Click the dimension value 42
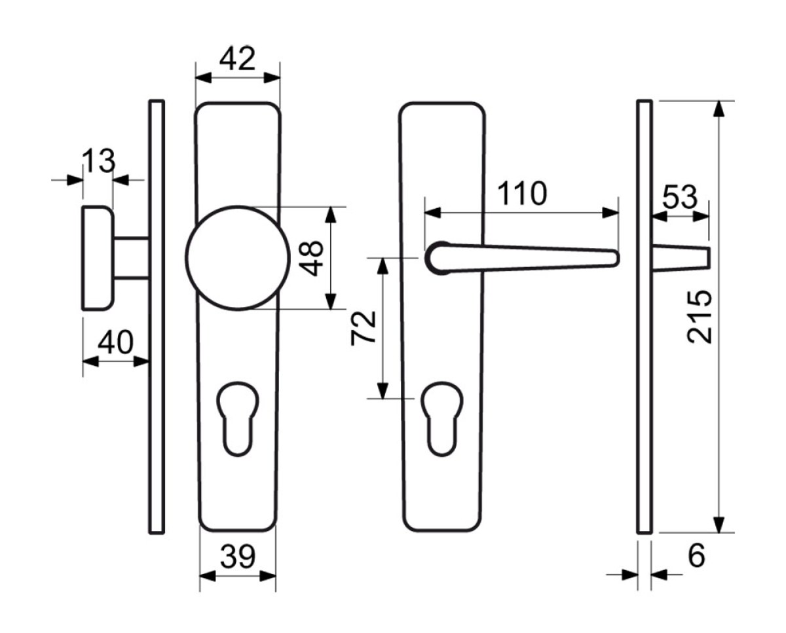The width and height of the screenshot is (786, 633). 237,59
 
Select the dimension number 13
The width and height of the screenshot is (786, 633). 99,161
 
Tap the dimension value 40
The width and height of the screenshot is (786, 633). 115,342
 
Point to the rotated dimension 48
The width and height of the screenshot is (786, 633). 312,258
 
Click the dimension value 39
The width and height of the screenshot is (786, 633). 238,556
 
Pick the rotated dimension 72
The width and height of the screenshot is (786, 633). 363,328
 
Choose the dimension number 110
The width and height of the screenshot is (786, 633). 522,193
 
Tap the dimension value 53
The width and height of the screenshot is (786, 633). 680,198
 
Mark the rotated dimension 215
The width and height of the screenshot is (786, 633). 700,317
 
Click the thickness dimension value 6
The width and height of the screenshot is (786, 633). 696,556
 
